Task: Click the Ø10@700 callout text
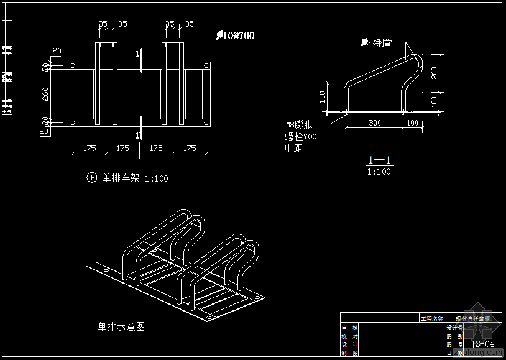click(236, 36)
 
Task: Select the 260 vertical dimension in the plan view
click(45, 93)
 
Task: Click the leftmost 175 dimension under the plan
click(90, 148)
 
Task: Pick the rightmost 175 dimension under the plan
click(190, 148)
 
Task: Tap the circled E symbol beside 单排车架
click(91, 178)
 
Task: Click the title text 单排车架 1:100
click(135, 178)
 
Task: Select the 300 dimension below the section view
click(374, 123)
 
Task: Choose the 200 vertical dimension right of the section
click(435, 73)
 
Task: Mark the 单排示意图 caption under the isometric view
click(121, 326)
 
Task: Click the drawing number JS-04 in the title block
click(482, 344)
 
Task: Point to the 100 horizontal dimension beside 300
click(413, 123)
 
